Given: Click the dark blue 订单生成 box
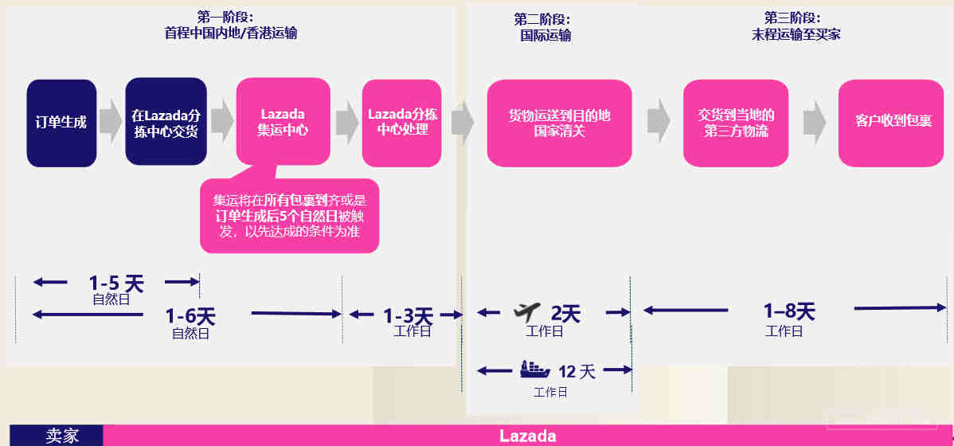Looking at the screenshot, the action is point(61,123).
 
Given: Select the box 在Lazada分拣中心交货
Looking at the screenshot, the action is point(166,122).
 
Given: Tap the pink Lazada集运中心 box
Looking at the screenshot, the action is point(283,122).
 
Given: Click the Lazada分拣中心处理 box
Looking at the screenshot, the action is point(401,123).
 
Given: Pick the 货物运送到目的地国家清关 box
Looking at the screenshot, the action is point(559,123).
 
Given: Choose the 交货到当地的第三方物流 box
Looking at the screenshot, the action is point(736,123).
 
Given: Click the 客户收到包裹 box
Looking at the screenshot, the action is point(891,123).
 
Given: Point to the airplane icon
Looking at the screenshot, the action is point(526,312).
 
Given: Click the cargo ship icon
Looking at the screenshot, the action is point(535,370).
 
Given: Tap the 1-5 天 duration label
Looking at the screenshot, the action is point(116,283).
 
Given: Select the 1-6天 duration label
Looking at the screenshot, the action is point(190,316).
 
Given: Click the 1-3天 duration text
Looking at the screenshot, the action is point(408,316).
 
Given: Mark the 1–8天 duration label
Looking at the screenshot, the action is point(789,311).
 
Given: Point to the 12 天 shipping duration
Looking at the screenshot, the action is point(577,370).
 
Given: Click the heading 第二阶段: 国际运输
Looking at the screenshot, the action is point(545,27).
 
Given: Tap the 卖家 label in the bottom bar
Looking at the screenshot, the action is point(62,436).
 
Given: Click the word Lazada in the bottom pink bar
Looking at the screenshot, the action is point(527,436).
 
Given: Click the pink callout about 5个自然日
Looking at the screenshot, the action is point(289,215).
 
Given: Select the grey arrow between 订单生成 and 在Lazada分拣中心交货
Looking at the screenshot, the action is point(111,122).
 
